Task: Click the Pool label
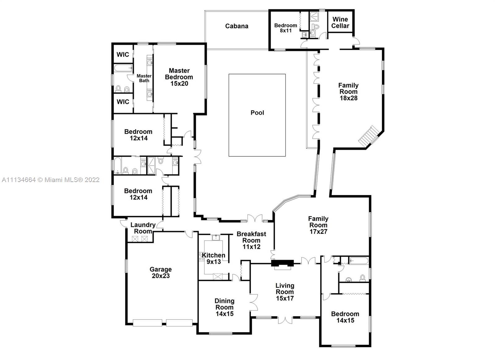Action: coord(257,113)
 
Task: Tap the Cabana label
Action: coord(237,26)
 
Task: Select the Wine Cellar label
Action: coord(340,23)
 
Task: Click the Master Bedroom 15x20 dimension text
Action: coord(179,84)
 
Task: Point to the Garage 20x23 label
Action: coord(161,273)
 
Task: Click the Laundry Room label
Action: coord(143,228)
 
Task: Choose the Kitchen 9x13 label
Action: coord(213,258)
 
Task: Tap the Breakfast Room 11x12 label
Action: coord(252,241)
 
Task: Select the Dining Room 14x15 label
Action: coord(225,307)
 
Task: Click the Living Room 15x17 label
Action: coord(285,292)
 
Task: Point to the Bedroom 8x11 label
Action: coord(286,28)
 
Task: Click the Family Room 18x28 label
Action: coord(348,92)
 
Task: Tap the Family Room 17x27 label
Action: coord(318,225)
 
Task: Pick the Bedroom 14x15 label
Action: coord(345,317)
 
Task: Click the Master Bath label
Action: coord(144,78)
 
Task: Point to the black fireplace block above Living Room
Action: coord(282,263)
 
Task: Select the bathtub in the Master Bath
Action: coord(123,68)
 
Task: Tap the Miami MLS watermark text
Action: coord(51,180)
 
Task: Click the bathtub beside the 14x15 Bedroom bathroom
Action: coord(359,260)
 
